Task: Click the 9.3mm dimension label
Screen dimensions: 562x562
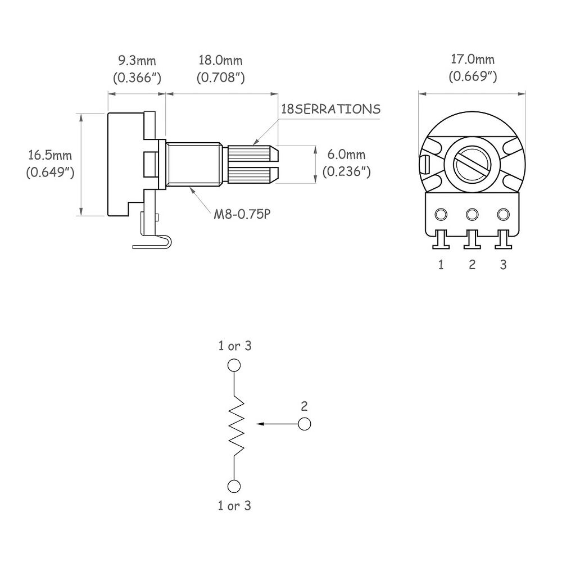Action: (x=137, y=61)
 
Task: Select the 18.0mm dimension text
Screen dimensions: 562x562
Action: (x=220, y=60)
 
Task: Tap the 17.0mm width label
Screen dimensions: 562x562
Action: (x=473, y=59)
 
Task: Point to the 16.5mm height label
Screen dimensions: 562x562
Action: (x=50, y=155)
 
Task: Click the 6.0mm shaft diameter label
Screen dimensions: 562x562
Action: (x=346, y=155)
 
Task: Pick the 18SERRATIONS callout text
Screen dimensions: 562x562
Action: (x=330, y=108)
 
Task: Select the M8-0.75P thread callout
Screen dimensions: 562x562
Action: (x=242, y=214)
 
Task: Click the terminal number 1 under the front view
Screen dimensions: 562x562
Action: (x=441, y=265)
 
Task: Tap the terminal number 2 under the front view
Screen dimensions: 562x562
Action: (x=472, y=265)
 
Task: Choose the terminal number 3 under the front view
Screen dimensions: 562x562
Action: (x=503, y=265)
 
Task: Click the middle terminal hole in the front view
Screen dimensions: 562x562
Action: (x=472, y=214)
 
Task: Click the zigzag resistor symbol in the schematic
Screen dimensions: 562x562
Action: (x=237, y=425)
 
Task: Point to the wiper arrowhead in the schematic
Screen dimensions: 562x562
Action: (x=261, y=424)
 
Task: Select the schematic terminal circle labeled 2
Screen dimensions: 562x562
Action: (x=304, y=424)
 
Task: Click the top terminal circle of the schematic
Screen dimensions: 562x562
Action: (x=234, y=365)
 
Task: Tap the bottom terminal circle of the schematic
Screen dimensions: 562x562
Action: (x=234, y=486)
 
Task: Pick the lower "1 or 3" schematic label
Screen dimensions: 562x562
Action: (x=234, y=505)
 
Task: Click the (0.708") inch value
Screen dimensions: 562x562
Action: (x=220, y=78)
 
